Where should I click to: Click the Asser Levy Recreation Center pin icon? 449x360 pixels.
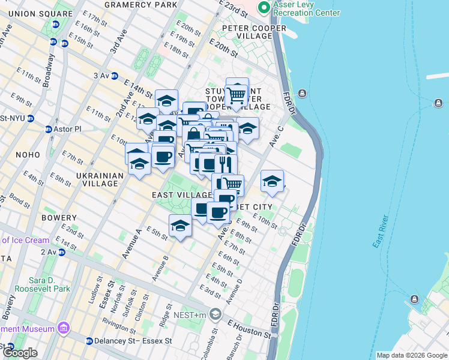[262, 8]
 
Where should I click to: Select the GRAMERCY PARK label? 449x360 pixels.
[140, 4]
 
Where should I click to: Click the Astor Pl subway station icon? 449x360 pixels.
[49, 129]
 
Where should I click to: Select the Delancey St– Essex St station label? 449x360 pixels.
[133, 341]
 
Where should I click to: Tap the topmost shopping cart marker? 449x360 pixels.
[237, 94]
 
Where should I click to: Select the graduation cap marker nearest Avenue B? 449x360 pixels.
[179, 226]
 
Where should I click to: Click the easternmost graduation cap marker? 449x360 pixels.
[272, 181]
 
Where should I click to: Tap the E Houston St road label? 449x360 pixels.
[249, 327]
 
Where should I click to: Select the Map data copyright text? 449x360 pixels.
[411, 355]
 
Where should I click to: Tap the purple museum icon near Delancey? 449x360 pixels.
[63, 328]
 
